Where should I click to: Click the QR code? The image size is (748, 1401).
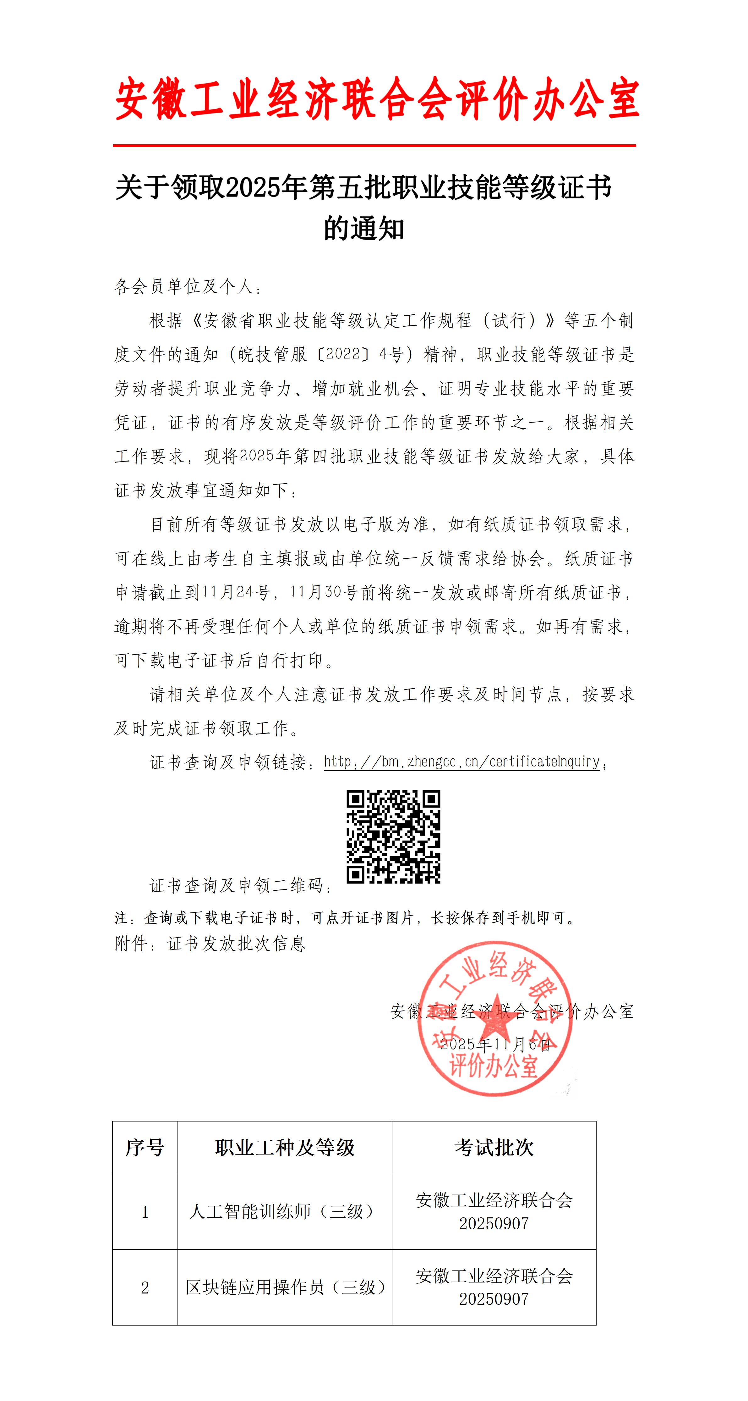click(x=393, y=836)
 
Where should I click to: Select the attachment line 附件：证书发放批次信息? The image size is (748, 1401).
click(x=210, y=944)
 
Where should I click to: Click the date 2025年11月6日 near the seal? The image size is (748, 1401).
click(x=495, y=1045)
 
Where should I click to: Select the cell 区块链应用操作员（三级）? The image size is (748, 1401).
click(x=285, y=1287)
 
